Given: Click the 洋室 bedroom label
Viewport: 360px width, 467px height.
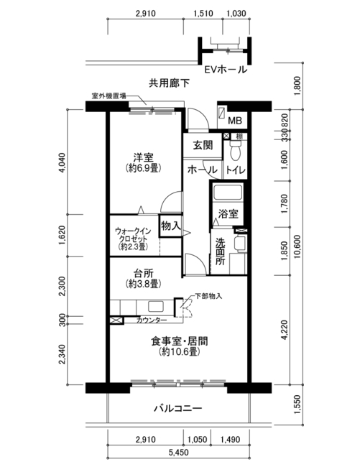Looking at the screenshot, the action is [x=143, y=157].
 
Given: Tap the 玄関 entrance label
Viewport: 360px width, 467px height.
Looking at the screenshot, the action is [x=203, y=145].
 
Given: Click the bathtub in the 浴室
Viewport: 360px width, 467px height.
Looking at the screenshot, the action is [x=228, y=193].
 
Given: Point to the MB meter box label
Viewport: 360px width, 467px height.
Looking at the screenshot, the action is [x=235, y=121].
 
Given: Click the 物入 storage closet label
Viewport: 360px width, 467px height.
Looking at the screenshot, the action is [x=170, y=226].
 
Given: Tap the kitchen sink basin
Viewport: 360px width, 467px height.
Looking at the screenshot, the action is [x=156, y=307].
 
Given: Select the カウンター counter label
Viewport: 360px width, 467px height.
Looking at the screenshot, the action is [x=152, y=320].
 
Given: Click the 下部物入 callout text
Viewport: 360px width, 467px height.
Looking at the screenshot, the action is [x=208, y=296].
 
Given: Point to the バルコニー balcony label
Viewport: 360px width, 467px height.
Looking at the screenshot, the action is [x=177, y=408].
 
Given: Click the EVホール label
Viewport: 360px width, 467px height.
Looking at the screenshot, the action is [x=226, y=70].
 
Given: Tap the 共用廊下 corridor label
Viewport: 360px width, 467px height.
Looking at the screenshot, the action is [x=169, y=83].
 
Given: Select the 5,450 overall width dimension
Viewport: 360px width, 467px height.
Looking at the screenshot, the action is [x=179, y=453].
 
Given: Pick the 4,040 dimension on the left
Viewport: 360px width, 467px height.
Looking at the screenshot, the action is [x=62, y=162].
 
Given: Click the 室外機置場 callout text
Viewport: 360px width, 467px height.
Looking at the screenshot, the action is [x=109, y=96].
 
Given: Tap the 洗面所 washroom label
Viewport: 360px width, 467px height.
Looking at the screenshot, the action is [x=221, y=251].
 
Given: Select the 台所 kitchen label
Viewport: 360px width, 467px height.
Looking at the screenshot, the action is [x=143, y=273].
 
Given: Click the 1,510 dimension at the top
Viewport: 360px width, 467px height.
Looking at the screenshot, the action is [x=203, y=14].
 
